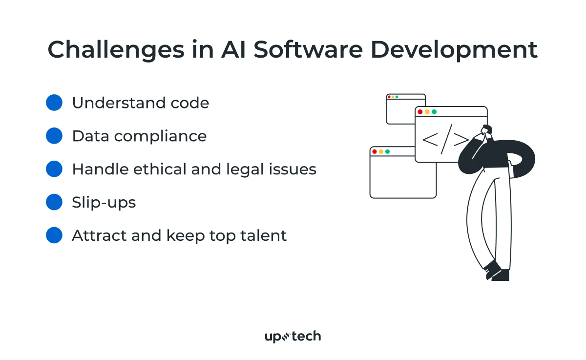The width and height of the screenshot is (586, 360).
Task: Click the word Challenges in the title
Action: [116, 50]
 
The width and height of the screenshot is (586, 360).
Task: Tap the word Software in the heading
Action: [308, 49]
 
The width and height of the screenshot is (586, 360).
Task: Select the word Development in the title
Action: [454, 50]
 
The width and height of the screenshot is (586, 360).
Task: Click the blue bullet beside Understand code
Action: [54, 103]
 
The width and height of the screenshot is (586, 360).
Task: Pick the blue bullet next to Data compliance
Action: [54, 136]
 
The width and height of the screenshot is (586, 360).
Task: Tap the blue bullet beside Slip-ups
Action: [54, 202]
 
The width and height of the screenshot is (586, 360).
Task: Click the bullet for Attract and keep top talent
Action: [54, 235]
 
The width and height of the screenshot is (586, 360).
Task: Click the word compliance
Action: [160, 137]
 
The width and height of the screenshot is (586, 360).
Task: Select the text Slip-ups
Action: [104, 203]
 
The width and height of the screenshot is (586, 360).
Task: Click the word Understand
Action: [119, 103]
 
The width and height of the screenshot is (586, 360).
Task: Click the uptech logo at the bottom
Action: [293, 336]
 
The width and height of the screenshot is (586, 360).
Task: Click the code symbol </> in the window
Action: [445, 139]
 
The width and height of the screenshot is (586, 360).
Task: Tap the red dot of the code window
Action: [420, 112]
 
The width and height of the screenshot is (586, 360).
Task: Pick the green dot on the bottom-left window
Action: [387, 152]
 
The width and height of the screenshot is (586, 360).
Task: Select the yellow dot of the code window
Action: [427, 112]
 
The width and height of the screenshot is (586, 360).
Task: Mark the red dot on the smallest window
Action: [389, 97]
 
